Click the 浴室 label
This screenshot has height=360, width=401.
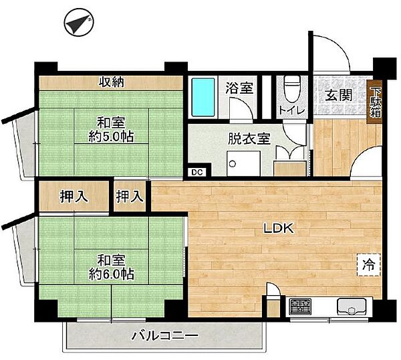(x=238, y=87)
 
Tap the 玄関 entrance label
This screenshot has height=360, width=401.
(x=339, y=95)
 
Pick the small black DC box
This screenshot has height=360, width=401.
(x=196, y=171)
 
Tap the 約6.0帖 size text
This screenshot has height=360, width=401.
(x=110, y=274)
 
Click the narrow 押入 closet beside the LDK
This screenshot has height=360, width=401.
(x=130, y=197)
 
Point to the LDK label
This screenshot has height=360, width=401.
(x=277, y=228)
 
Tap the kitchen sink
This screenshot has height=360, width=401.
(x=350, y=309)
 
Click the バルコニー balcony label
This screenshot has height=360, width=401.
(x=164, y=335)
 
